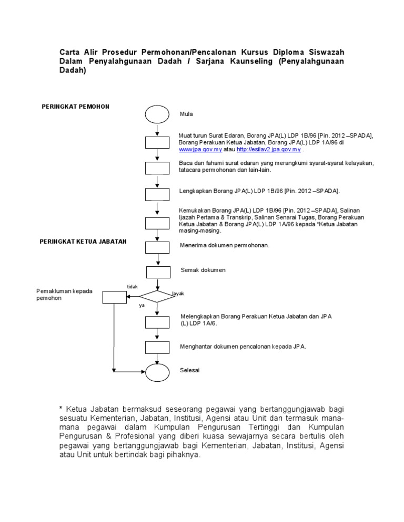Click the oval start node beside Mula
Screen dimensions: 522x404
point(157,113)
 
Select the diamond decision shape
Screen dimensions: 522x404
point(156,296)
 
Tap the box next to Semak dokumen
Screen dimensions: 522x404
point(158,272)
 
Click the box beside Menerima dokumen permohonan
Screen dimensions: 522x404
point(157,247)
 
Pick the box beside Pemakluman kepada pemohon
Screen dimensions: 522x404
point(114,297)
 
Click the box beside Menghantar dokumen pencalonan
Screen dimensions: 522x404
point(157,347)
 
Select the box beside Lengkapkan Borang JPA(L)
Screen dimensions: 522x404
point(157,194)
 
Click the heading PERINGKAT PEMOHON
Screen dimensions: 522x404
point(75,107)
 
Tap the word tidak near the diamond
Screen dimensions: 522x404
point(132,286)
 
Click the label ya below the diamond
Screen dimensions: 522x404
point(142,306)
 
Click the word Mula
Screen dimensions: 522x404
point(186,113)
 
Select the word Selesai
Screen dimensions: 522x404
point(190,370)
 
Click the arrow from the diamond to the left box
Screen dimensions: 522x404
point(133,297)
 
